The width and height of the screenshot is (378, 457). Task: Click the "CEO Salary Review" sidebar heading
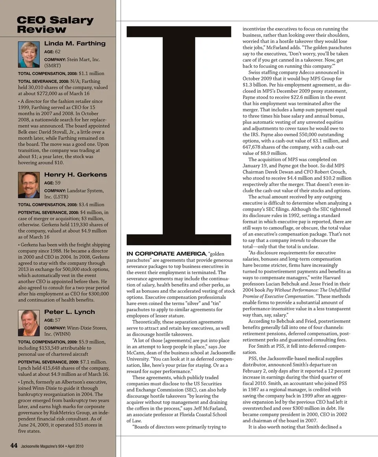coord(55,25)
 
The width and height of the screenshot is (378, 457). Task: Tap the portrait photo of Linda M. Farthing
coord(29,54)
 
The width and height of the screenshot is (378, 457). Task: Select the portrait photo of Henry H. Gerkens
coord(29,184)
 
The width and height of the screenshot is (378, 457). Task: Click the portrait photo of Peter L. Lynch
coord(29,323)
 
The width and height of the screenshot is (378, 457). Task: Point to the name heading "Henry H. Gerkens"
coord(76,175)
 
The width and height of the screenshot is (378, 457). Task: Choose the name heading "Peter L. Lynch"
coord(70,312)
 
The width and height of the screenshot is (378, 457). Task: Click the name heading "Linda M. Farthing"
coord(75,43)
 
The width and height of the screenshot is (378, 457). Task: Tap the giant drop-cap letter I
coord(179,136)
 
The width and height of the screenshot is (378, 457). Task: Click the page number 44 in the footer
coord(14,446)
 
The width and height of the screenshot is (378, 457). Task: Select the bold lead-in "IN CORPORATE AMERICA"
coord(166,254)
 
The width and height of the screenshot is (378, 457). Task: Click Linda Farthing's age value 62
coord(57,52)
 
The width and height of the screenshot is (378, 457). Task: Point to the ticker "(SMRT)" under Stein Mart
coord(52,66)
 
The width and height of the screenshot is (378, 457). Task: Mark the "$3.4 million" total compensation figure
coord(91,205)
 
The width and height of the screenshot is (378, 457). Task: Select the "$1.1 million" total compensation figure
coord(91,73)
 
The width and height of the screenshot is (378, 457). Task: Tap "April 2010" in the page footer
coord(75,446)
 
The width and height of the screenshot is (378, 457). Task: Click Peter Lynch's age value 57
coord(57,320)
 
